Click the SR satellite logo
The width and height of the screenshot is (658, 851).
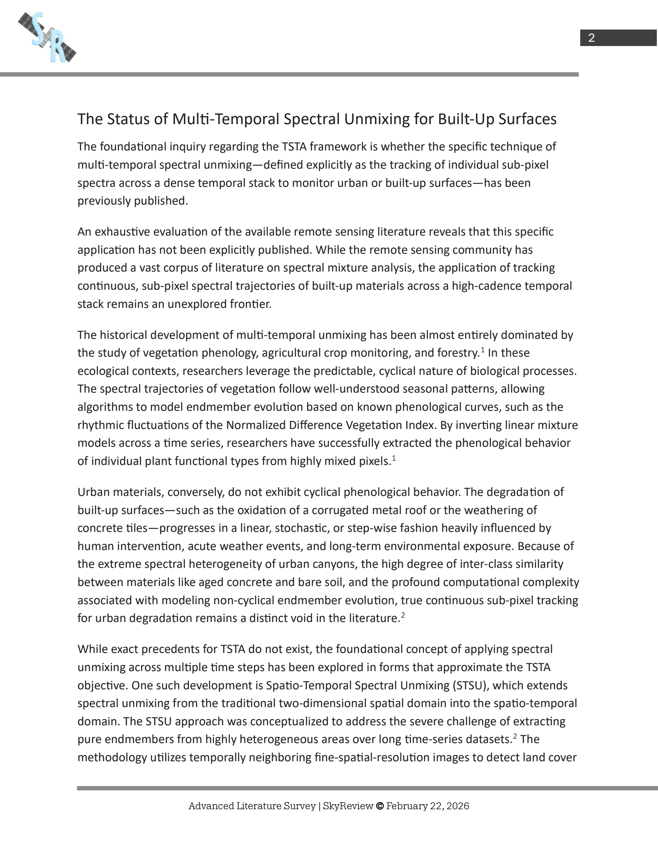pyautogui.click(x=47, y=38)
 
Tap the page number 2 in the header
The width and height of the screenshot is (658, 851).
pyautogui.click(x=591, y=38)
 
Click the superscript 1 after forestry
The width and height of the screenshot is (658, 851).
pyautogui.click(x=483, y=350)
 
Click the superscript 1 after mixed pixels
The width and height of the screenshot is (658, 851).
pyautogui.click(x=394, y=458)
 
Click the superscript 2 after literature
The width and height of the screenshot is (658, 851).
pyautogui.click(x=403, y=615)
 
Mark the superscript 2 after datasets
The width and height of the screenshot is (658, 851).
pyautogui.click(x=515, y=737)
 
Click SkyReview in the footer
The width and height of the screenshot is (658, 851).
pyautogui.click(x=348, y=806)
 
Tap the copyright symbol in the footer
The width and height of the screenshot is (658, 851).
pyautogui.click(x=380, y=806)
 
